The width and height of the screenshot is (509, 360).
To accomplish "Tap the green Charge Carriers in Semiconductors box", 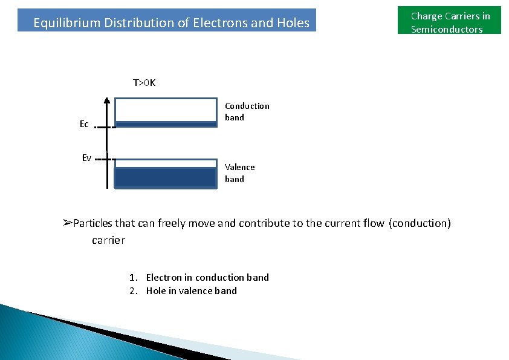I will [449, 22].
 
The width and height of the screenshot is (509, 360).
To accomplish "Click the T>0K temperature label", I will [144, 82].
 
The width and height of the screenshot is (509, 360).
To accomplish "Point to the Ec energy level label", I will [84, 124].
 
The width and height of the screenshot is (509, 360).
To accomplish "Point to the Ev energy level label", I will [86, 158].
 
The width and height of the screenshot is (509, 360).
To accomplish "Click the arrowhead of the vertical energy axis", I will [106, 102].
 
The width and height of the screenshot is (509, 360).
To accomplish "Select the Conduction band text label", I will [247, 111].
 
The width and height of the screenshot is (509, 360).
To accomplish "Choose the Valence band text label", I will [239, 172].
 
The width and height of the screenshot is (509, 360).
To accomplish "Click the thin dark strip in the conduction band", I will [165, 124].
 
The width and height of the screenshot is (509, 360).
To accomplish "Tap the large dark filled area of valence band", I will [165, 177].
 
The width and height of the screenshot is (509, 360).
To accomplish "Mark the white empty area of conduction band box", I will [165, 110].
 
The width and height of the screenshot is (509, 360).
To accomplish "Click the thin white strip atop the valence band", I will [165, 163].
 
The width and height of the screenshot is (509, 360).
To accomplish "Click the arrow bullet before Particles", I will [67, 223].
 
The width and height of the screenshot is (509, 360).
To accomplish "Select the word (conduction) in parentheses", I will [420, 223].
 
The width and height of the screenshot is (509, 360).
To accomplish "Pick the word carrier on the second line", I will [108, 240].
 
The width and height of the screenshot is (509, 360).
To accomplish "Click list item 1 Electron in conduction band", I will [199, 277].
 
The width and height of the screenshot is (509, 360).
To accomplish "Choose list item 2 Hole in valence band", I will [184, 290].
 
